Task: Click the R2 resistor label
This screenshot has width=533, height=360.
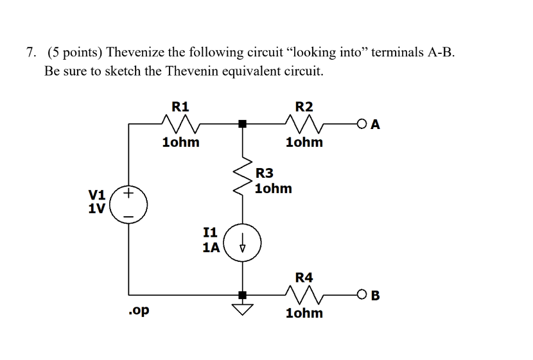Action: click(304, 106)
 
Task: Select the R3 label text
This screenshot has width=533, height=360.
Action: click(264, 173)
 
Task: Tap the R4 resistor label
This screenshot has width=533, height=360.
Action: click(304, 277)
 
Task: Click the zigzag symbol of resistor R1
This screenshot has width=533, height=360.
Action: click(180, 123)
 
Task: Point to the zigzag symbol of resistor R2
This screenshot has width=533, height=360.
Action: click(304, 123)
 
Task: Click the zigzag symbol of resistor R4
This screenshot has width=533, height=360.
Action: click(304, 295)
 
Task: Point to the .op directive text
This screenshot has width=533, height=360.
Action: click(138, 311)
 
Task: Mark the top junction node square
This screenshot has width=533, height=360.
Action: click(242, 123)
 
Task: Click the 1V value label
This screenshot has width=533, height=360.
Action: click(98, 209)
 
